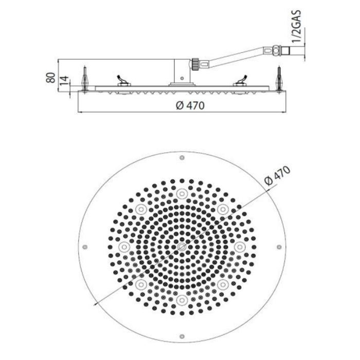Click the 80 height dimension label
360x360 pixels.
[50, 78]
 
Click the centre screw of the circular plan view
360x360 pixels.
[182, 247]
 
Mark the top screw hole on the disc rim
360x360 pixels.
[182, 158]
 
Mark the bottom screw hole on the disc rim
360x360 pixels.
[182, 336]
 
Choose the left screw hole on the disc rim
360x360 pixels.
[85, 247]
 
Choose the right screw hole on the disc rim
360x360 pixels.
[278, 247]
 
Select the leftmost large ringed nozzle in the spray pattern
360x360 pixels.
[123, 247]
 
